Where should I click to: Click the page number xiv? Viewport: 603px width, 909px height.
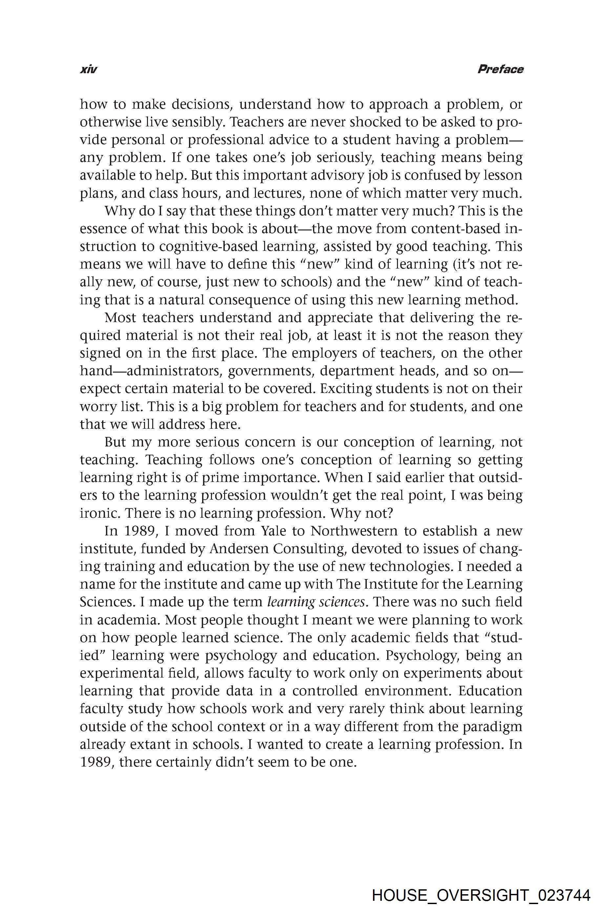pos(88,70)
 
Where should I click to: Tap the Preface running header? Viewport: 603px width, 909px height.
pos(500,69)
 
